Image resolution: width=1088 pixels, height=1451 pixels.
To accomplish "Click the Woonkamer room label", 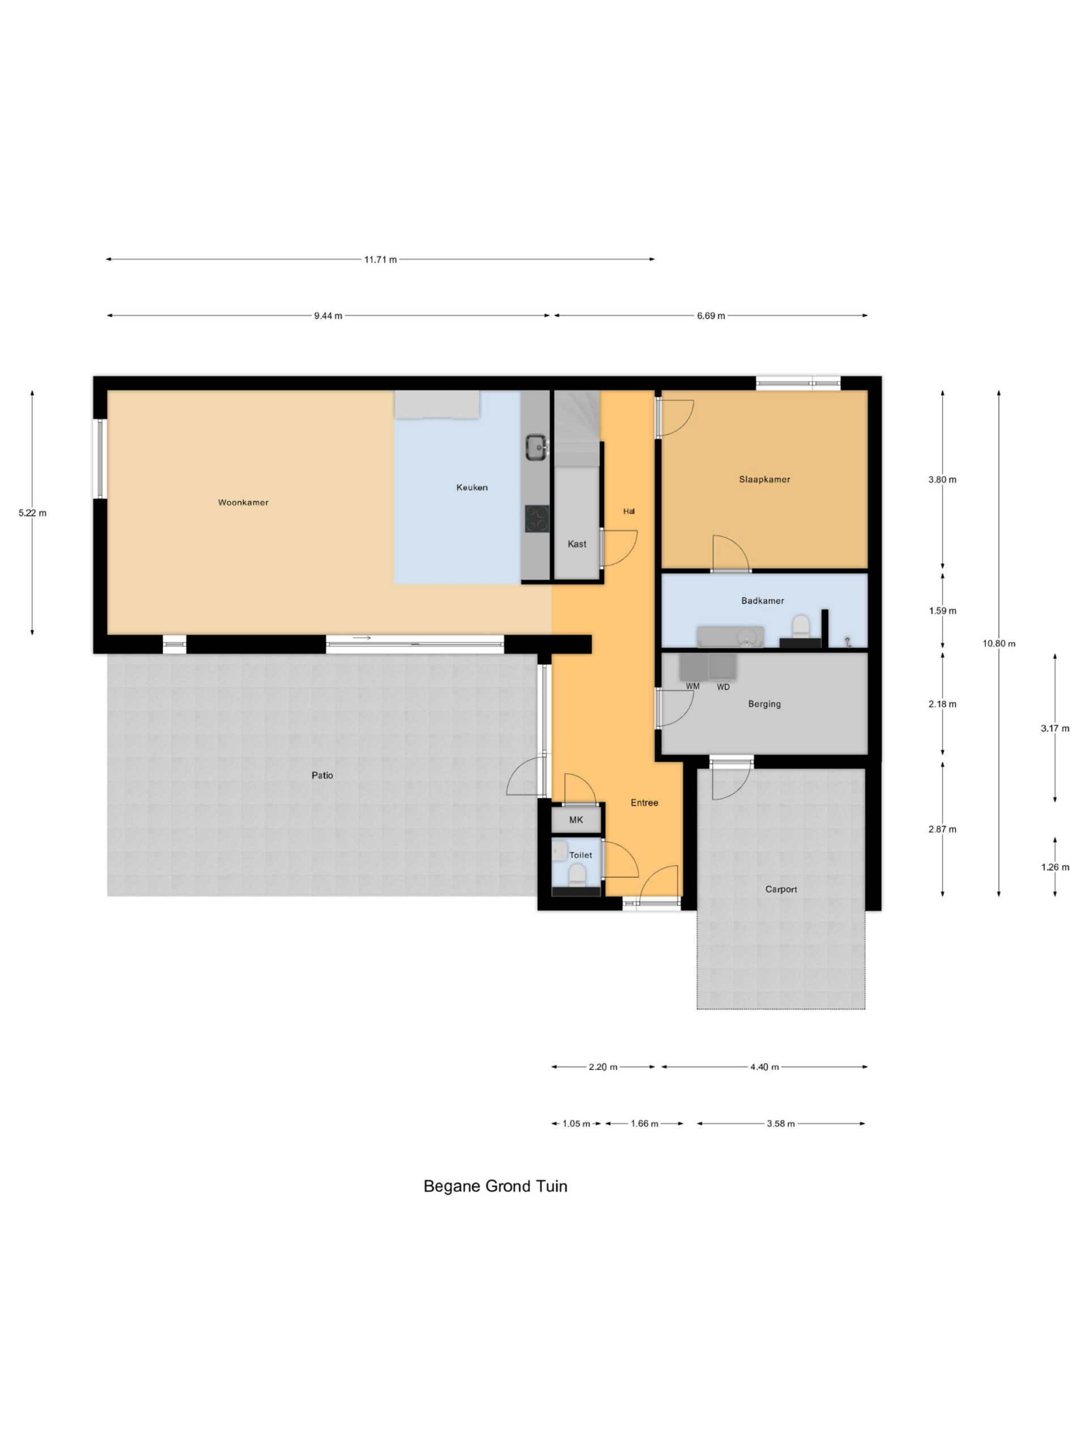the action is point(243,503).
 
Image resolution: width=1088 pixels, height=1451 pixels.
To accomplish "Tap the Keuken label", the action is point(471,487).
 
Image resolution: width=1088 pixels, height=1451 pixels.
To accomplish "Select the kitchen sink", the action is point(536,447).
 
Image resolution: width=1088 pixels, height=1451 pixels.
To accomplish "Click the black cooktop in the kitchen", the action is point(537,518).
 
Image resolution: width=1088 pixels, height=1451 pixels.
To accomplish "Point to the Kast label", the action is point(576,544).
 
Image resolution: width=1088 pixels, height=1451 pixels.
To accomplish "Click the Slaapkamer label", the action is point(764,480).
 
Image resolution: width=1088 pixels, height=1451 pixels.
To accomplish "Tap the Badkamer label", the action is point(762,601).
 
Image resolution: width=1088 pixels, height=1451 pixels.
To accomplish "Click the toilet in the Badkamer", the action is point(801,626).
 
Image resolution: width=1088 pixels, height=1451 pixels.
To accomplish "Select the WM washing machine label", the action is point(692,686).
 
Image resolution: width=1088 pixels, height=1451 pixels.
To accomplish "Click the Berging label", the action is point(764,704).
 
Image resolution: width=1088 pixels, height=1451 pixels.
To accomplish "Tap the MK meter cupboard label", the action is point(576,820).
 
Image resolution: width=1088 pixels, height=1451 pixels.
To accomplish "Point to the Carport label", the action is point(781,889).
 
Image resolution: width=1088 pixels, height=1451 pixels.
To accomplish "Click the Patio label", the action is point(322,775).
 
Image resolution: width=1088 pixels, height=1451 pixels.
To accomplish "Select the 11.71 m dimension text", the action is point(380,260).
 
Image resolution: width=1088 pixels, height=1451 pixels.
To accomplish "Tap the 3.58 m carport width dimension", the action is point(780,1123).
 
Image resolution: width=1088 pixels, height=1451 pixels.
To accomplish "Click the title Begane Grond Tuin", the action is point(495,1186).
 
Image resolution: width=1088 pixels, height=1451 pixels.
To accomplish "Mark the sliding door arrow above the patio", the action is point(362,638).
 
